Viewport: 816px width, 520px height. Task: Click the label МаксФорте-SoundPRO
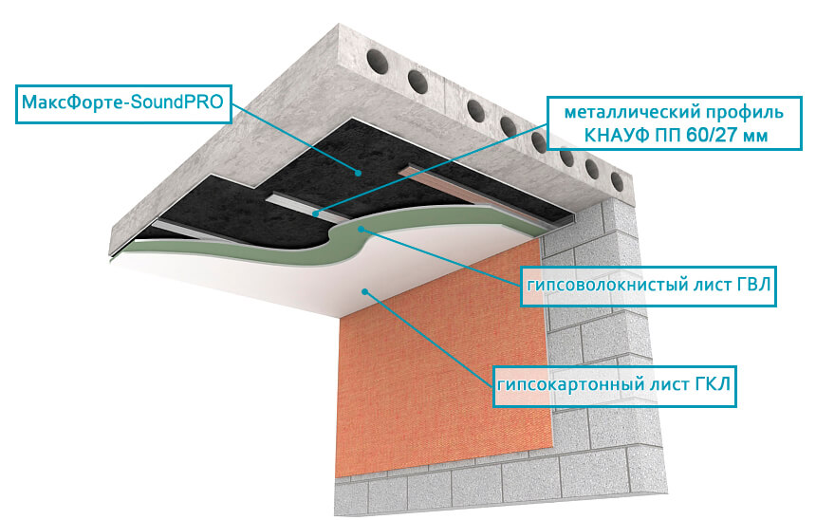(122, 102)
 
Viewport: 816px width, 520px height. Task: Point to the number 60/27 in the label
(710, 136)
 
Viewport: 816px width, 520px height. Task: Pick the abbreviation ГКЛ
(713, 384)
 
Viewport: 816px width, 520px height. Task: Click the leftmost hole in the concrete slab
(378, 60)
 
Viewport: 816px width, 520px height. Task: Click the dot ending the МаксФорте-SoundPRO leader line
(358, 172)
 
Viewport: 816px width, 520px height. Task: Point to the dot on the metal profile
(315, 214)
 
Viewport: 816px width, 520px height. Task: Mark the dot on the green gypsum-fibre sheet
(361, 228)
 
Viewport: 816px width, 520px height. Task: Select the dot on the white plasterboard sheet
(365, 291)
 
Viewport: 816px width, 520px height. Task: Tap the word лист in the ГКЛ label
(669, 385)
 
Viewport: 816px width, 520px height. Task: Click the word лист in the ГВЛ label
(704, 286)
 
